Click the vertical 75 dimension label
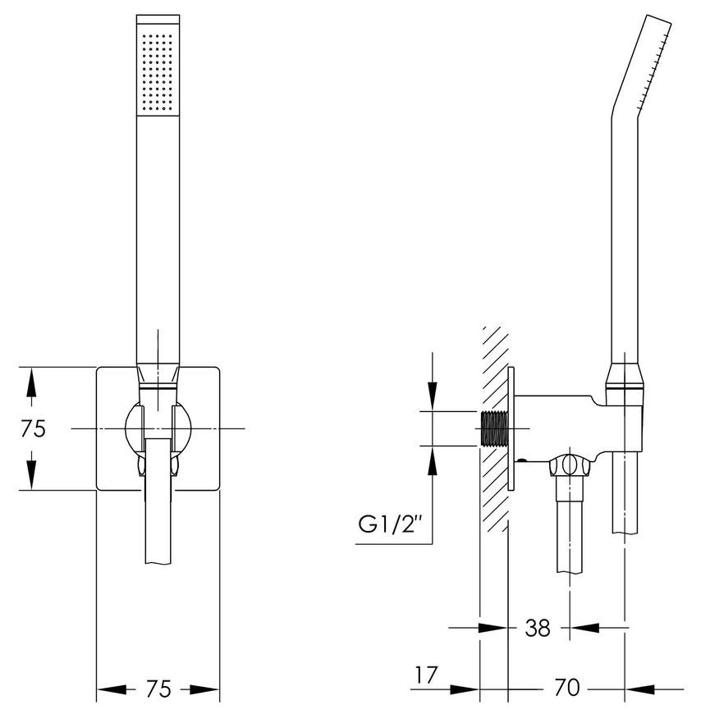coord(34,428)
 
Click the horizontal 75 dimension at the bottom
coord(158,689)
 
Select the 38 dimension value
coord(538,628)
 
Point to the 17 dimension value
coord(426,675)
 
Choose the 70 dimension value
coord(567,688)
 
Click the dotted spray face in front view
coord(158,73)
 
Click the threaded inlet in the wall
coord(494,429)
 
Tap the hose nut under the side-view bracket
coord(570,465)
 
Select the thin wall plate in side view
coord(511,428)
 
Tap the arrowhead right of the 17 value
coord(465,689)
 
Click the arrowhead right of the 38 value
coord(584,628)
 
